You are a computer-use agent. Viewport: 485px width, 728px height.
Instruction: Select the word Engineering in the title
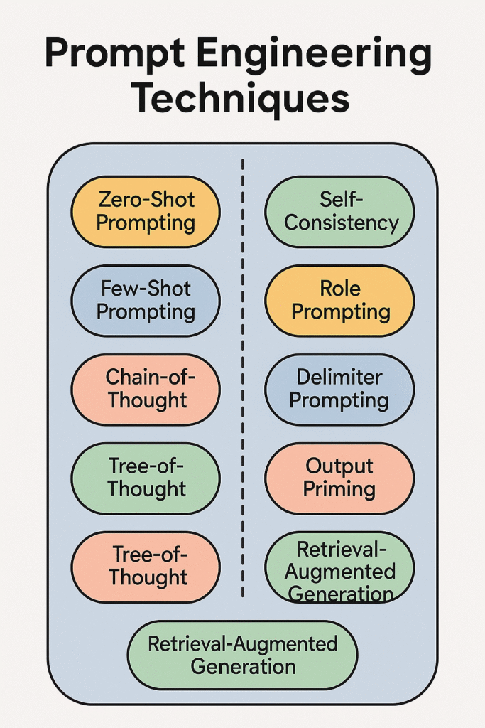[x=324, y=55]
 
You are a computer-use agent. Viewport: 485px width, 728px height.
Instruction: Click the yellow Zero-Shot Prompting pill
[x=146, y=211]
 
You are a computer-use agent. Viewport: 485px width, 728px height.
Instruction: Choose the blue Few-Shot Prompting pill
[x=146, y=300]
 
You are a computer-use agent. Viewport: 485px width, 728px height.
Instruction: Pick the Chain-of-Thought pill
[x=146, y=389]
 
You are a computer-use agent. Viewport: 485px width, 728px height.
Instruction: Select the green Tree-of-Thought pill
[x=146, y=478]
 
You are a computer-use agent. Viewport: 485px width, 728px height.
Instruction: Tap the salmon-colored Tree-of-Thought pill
[x=146, y=567]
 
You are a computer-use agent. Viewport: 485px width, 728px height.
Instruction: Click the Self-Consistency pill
[x=339, y=211]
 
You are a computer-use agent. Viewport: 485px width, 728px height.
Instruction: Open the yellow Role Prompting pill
[x=339, y=300]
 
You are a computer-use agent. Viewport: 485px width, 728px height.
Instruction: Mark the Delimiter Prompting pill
[x=339, y=389]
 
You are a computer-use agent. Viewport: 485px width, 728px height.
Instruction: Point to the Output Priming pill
[x=339, y=478]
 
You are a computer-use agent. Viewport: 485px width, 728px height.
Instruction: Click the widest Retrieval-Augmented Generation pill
[x=242, y=655]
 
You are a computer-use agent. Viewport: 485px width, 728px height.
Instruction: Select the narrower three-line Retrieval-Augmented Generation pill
[x=339, y=569]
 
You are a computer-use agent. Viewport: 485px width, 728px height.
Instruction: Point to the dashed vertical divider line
[x=243, y=377]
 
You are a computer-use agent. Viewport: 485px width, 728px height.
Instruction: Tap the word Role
[x=341, y=289]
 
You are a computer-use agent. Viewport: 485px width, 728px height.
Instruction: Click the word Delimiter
[x=339, y=377]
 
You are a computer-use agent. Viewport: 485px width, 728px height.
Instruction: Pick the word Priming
[x=339, y=489]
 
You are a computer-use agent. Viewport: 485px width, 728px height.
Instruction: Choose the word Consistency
[x=342, y=223]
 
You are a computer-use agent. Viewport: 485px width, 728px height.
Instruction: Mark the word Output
[x=339, y=466]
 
